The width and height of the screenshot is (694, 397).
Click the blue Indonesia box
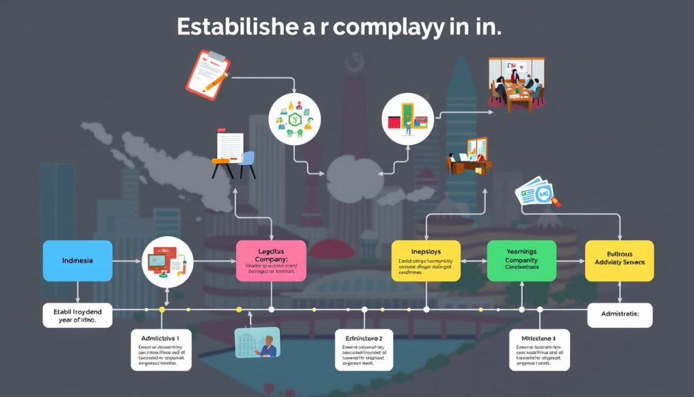77,261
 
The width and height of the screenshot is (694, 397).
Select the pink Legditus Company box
271,260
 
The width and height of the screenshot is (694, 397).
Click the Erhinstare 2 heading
364,337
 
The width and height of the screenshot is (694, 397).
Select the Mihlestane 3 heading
539,337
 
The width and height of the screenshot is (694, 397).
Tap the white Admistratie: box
619,315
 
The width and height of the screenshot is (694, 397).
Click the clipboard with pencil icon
209,73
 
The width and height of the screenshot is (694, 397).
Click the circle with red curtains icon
407,117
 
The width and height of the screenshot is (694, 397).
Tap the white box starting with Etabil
77,315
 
